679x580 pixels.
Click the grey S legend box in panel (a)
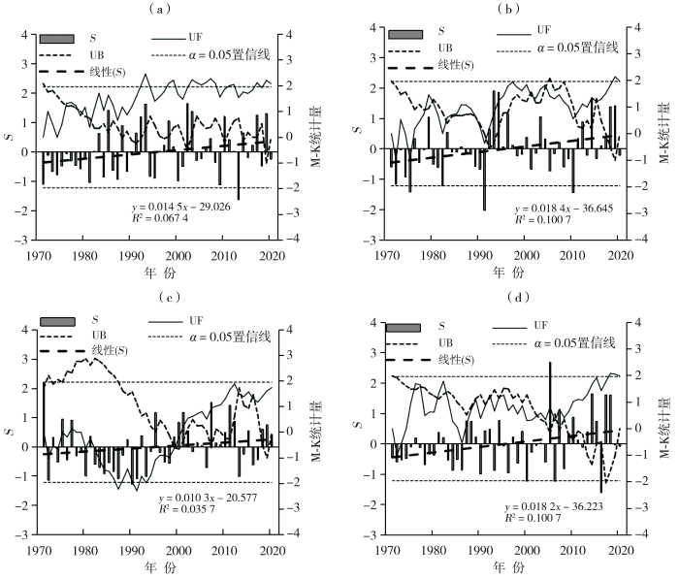pyautogui.click(x=57, y=38)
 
